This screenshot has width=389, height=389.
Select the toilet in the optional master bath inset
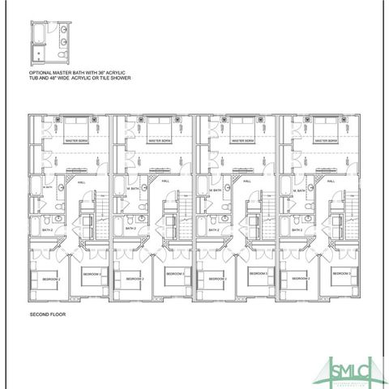pos(62,52)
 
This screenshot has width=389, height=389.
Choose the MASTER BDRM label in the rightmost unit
pos(324,140)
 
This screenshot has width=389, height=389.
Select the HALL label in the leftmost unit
pos(81,182)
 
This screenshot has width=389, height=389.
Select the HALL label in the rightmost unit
pos(331,182)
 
